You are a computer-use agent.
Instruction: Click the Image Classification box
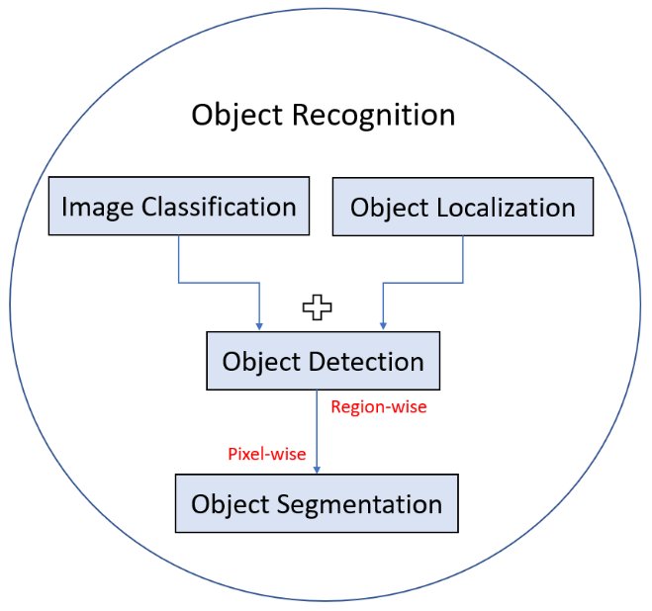tap(178, 208)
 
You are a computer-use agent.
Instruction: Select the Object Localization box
tap(463, 208)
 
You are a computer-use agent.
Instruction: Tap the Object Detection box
tap(323, 361)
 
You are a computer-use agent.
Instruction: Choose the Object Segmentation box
tap(317, 504)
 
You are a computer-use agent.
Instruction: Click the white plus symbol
tap(317, 308)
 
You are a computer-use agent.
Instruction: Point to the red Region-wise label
tap(379, 407)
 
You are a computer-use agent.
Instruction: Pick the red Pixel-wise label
tap(267, 454)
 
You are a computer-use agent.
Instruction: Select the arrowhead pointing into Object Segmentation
tap(328, 469)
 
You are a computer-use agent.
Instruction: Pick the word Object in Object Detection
tap(260, 361)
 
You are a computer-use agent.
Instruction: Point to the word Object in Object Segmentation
tap(230, 504)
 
